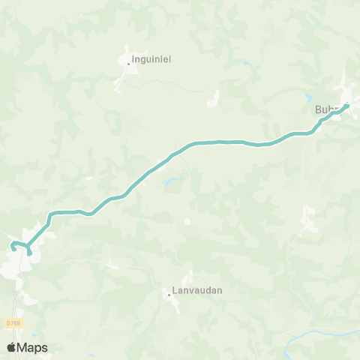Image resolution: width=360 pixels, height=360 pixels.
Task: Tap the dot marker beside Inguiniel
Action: [x=128, y=64]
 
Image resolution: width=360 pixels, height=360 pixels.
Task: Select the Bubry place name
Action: [x=328, y=109]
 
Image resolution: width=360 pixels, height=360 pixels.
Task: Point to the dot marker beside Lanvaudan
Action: [x=169, y=295]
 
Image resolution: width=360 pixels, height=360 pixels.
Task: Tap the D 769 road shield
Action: [x=13, y=322]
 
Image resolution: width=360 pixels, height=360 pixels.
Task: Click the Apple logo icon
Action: [x=11, y=347]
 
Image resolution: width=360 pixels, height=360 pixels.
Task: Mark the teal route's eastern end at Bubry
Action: [x=347, y=106]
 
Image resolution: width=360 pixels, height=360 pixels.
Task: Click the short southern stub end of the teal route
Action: [x=29, y=254]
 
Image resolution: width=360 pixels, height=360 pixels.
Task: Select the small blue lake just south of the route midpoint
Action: [x=173, y=180]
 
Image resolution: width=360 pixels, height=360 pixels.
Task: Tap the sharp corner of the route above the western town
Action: [x=50, y=214]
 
